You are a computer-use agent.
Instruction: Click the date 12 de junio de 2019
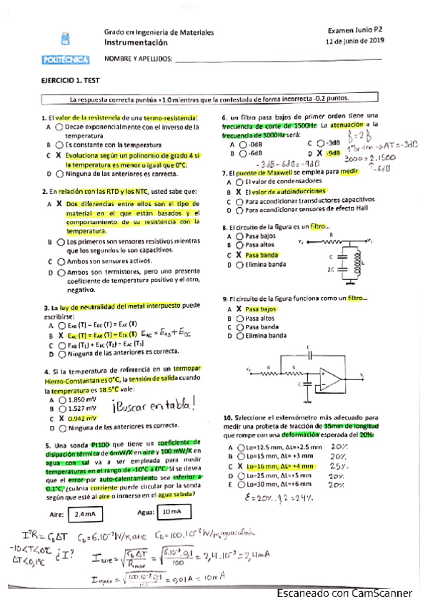click(x=354, y=42)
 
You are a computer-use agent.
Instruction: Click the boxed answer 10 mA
click(x=170, y=513)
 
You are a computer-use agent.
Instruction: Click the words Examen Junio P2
click(x=355, y=31)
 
